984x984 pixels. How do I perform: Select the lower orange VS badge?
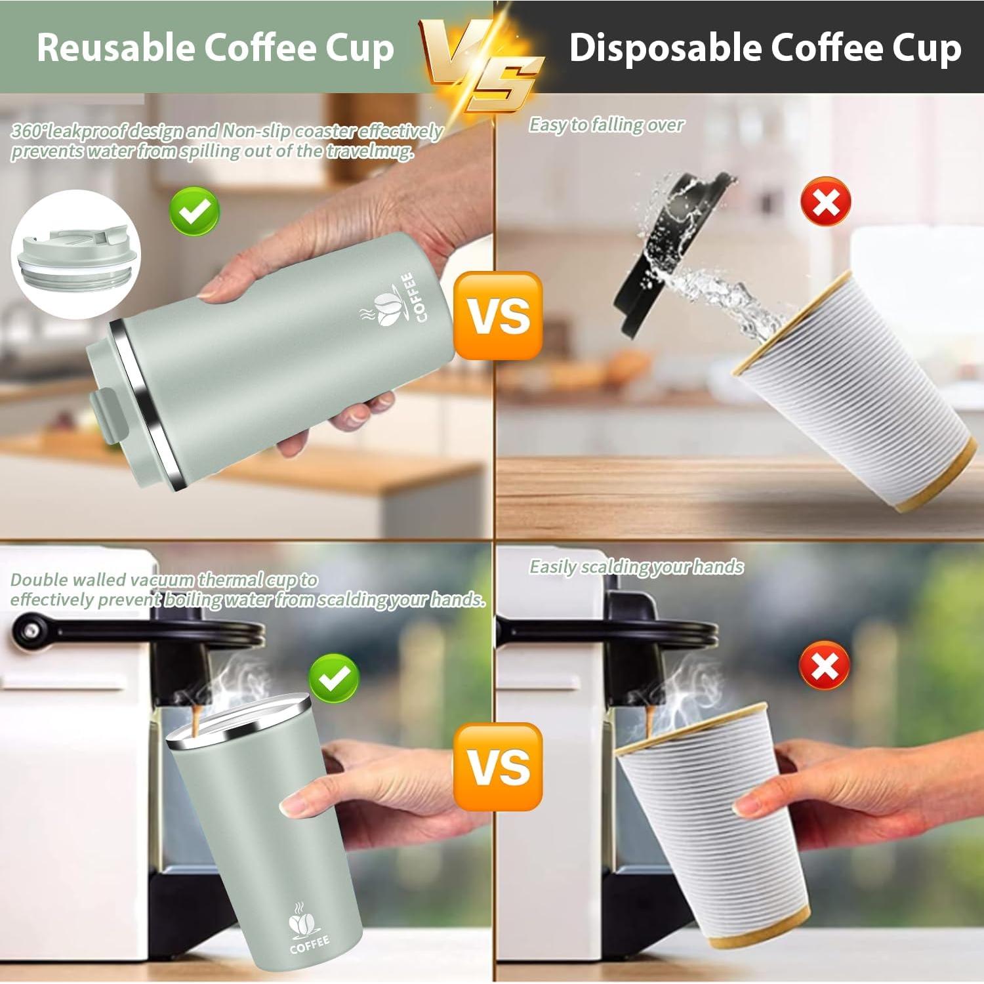pos(499,766)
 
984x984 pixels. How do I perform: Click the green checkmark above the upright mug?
pos(335,678)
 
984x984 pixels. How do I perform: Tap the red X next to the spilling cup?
pos(826,201)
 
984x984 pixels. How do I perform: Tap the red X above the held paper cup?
pos(825,665)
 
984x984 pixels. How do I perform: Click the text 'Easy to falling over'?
pos(606,125)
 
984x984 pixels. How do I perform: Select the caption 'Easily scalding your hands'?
pos(636,567)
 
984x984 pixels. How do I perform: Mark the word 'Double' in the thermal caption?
pos(39,580)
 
